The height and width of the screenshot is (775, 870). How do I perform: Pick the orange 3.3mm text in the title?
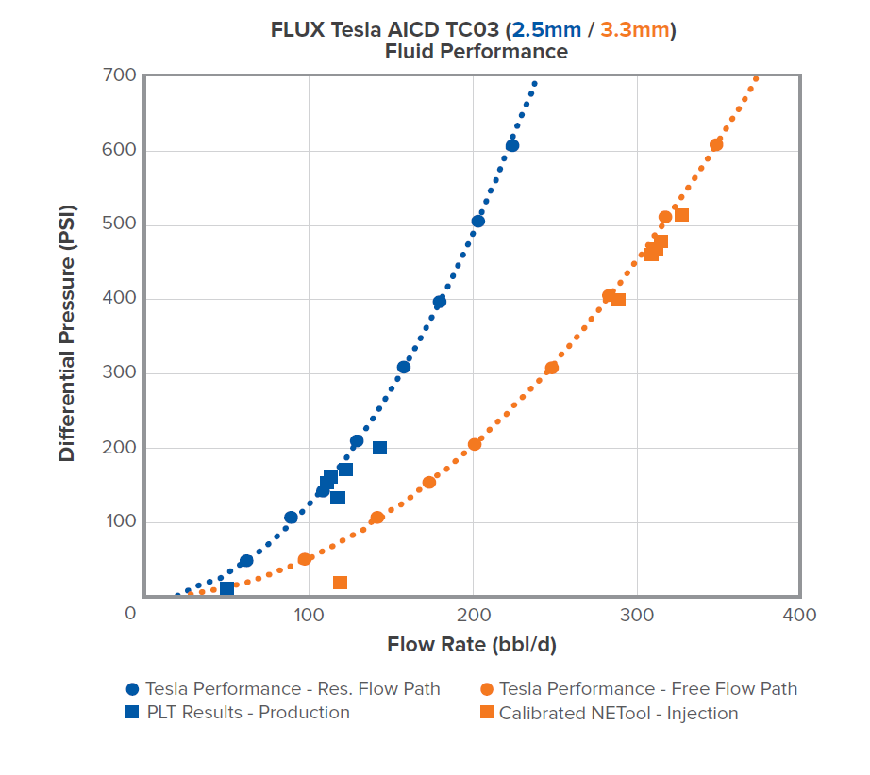(x=634, y=30)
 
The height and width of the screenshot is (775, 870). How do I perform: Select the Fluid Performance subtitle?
(x=476, y=52)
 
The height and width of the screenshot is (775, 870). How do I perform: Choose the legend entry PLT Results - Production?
(x=247, y=713)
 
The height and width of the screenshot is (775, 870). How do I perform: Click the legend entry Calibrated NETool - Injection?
(x=618, y=713)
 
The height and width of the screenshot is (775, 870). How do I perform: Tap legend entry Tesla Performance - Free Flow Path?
(x=647, y=689)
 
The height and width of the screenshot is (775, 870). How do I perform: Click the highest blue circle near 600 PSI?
(x=511, y=145)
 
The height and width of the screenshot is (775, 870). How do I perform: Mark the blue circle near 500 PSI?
(x=478, y=221)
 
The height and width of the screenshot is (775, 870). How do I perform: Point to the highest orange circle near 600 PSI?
(x=716, y=144)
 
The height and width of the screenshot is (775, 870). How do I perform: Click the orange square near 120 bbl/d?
(x=340, y=583)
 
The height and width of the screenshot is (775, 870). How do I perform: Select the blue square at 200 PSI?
(x=379, y=448)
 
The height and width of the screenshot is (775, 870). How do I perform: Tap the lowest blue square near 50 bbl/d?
(x=227, y=588)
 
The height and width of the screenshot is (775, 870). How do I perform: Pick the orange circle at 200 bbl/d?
(x=475, y=444)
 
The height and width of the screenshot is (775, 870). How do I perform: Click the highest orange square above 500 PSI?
(x=681, y=215)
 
